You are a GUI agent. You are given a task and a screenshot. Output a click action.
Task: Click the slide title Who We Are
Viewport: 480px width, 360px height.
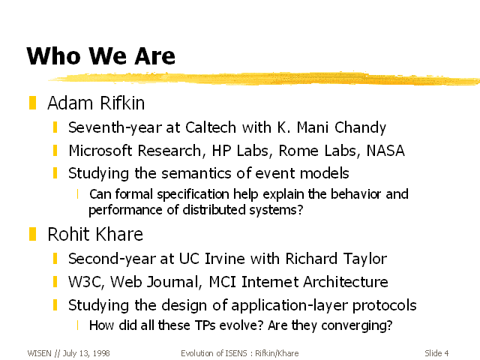coord(100,55)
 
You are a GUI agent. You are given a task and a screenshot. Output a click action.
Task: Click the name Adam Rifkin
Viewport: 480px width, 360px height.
coord(96,103)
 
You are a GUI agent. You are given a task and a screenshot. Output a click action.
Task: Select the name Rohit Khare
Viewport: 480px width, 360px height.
coord(95,235)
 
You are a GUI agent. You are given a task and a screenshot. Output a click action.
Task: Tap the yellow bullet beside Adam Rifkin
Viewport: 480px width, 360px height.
coord(32,103)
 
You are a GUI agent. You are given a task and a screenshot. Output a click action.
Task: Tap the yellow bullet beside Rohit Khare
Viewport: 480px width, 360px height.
coord(32,234)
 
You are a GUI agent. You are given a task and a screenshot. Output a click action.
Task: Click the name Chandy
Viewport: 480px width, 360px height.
coord(360,128)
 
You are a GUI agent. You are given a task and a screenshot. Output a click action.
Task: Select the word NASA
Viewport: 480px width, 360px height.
coord(385,151)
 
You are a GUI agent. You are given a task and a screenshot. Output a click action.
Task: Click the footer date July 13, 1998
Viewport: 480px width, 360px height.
coord(86,353)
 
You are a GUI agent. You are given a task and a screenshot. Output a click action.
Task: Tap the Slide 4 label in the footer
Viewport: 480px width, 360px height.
coord(436,353)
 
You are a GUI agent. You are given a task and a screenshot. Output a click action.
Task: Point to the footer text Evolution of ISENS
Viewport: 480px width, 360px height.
coord(214,353)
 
